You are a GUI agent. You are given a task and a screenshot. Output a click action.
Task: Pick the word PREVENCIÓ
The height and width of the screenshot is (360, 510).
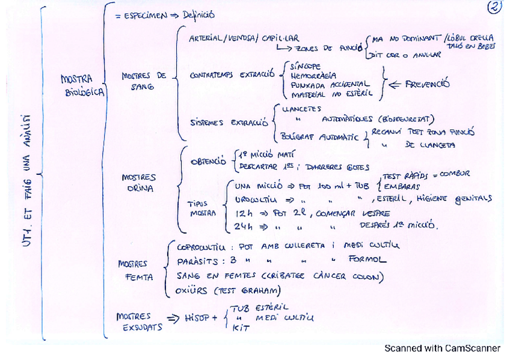428,85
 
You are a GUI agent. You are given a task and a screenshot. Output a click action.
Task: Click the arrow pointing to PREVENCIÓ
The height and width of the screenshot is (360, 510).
396,85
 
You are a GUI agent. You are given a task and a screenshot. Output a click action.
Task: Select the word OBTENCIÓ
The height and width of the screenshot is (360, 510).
207,162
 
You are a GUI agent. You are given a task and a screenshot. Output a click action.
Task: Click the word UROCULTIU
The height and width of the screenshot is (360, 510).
256,199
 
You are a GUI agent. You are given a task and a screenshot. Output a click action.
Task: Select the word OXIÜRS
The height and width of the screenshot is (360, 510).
192,291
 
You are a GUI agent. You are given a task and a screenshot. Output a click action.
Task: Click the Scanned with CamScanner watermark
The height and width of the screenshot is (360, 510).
442,348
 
